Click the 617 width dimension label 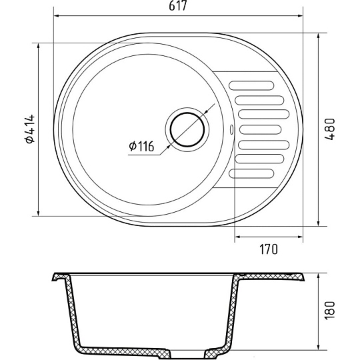point(178,6)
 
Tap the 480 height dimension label point(330,129)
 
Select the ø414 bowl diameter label point(30,129)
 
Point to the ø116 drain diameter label point(141,146)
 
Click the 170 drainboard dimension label point(269,249)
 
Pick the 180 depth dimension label point(330,310)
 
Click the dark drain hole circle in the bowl point(187,129)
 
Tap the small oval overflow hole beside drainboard point(231,129)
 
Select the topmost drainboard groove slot point(251,85)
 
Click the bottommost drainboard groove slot point(251,173)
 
